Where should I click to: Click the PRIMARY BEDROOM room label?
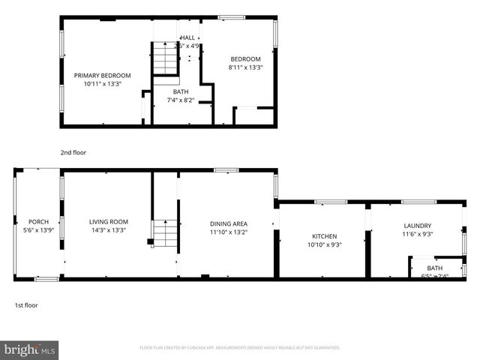(102, 75)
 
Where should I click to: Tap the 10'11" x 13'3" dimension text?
(102, 84)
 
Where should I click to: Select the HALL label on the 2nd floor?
(187, 37)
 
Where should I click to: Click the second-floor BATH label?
(181, 91)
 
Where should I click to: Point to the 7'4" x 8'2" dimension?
(181, 100)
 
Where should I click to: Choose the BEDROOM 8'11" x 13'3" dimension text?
(245, 67)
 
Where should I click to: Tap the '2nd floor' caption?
(73, 152)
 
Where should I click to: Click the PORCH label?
(38, 222)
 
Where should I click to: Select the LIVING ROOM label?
(109, 222)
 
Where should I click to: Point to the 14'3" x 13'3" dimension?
(109, 230)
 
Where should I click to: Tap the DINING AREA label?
(229, 223)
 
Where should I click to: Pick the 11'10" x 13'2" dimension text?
(229, 232)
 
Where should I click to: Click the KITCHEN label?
(324, 236)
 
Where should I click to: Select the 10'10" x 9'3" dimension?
(324, 244)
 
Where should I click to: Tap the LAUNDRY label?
(417, 225)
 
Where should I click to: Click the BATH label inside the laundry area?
(435, 268)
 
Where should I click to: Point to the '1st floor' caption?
(26, 305)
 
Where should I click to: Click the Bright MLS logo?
(31, 349)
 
